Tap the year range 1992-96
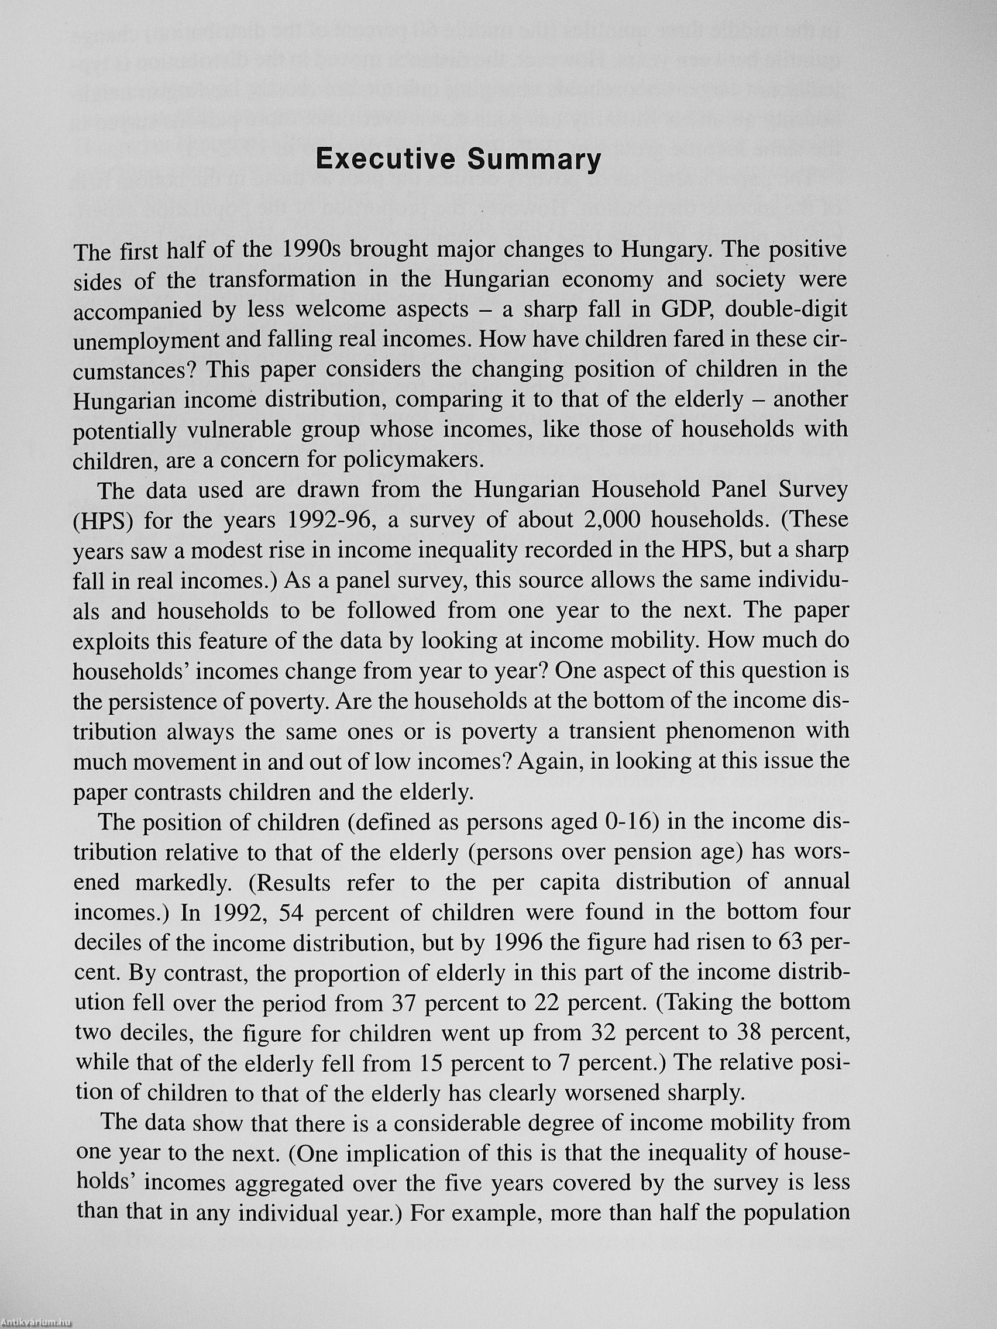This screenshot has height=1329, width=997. (x=332, y=519)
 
